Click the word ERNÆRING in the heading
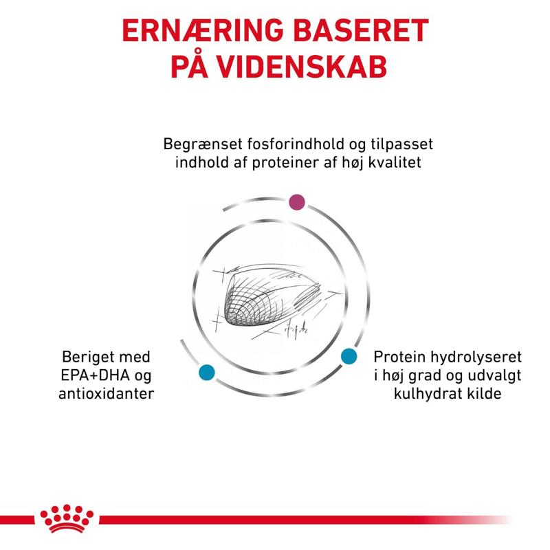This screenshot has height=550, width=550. (203, 30)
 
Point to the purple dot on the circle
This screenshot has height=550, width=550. (297, 202)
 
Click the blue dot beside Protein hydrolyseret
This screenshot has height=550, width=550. (349, 356)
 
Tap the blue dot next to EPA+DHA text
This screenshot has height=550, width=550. (207, 373)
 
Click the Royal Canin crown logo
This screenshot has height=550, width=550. (67, 518)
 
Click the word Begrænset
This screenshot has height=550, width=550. (203, 144)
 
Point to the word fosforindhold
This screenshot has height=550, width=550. (296, 144)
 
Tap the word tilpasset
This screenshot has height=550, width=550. (402, 145)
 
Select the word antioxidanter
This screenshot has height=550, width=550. (107, 393)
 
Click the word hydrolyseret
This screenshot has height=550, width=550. (476, 357)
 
